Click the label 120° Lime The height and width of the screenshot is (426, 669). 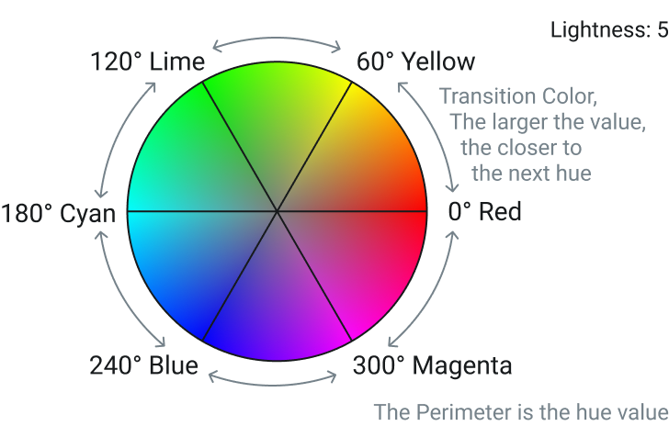148,62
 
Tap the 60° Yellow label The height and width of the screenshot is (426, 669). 415,62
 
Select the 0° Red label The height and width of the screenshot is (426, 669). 484,211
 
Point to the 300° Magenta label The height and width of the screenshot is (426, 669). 432,366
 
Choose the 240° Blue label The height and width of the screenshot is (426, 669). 143,366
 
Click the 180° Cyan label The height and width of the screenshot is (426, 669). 58,213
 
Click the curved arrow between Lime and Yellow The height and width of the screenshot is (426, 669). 277,39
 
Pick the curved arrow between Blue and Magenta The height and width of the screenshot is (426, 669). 273,384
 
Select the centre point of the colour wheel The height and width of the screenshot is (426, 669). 277,211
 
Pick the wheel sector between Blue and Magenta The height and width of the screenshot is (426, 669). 277,311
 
